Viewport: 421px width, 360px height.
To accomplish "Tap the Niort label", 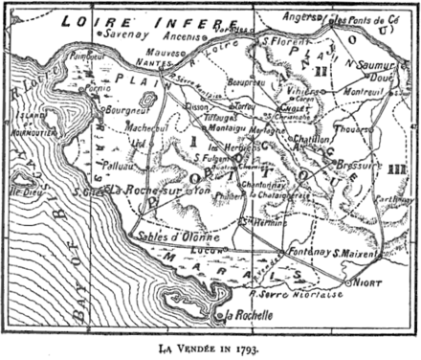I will coord(367,283).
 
